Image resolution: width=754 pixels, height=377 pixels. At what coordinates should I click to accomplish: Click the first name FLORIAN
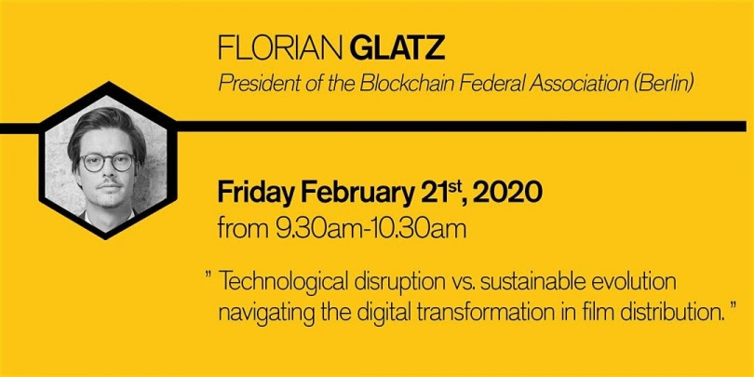tap(281, 49)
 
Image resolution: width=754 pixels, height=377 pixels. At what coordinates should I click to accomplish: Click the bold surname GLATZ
tap(397, 49)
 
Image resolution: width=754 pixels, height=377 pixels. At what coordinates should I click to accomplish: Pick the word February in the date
tap(349, 194)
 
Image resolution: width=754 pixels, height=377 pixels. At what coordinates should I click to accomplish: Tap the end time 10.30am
tap(416, 229)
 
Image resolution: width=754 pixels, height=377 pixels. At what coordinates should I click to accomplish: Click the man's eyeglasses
tap(107, 163)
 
